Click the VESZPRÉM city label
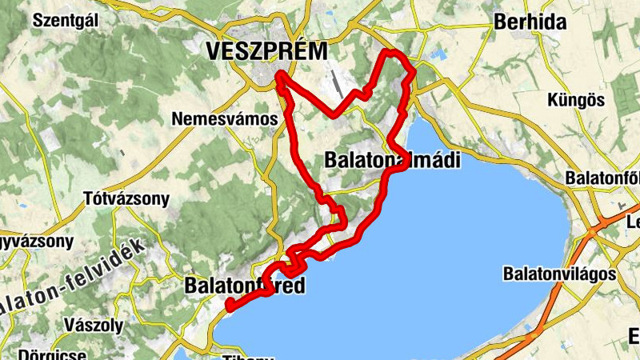266,52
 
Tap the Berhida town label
530,22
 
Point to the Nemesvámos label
225,119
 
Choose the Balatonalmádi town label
393,160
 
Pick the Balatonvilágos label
559,274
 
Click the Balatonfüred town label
245,286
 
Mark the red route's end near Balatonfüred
229,305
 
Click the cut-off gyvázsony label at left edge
36,241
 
